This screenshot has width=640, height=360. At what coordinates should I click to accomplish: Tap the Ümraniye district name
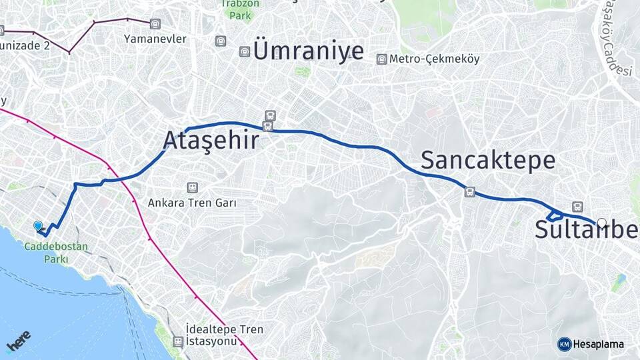tap(309, 51)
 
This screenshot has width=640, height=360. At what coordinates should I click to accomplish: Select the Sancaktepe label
tap(488, 160)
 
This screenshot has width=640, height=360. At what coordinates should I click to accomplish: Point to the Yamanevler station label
tap(155, 39)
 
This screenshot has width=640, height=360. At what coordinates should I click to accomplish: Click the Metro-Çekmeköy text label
tap(435, 59)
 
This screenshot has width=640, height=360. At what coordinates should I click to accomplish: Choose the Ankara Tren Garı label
tap(192, 202)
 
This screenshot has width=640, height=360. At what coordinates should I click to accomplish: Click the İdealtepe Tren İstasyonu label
tap(225, 335)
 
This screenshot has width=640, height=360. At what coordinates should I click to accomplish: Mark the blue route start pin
tap(38, 227)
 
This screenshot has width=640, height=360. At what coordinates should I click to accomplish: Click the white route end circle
tap(602, 223)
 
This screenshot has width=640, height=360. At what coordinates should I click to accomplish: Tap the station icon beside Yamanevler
tap(155, 25)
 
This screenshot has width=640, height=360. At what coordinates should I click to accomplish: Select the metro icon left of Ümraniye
tap(245, 51)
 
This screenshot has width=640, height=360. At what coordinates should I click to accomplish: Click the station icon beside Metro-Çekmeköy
tap(381, 59)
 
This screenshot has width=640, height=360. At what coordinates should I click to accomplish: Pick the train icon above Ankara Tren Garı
tap(192, 188)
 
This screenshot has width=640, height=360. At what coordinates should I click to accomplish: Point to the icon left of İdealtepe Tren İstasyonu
tap(178, 341)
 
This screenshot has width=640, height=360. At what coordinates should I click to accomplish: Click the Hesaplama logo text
tap(599, 344)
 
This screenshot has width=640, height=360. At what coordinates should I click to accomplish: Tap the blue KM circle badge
tap(564, 344)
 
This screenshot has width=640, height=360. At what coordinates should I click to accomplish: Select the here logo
tap(19, 341)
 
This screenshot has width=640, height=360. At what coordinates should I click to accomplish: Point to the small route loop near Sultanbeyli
tap(553, 215)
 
